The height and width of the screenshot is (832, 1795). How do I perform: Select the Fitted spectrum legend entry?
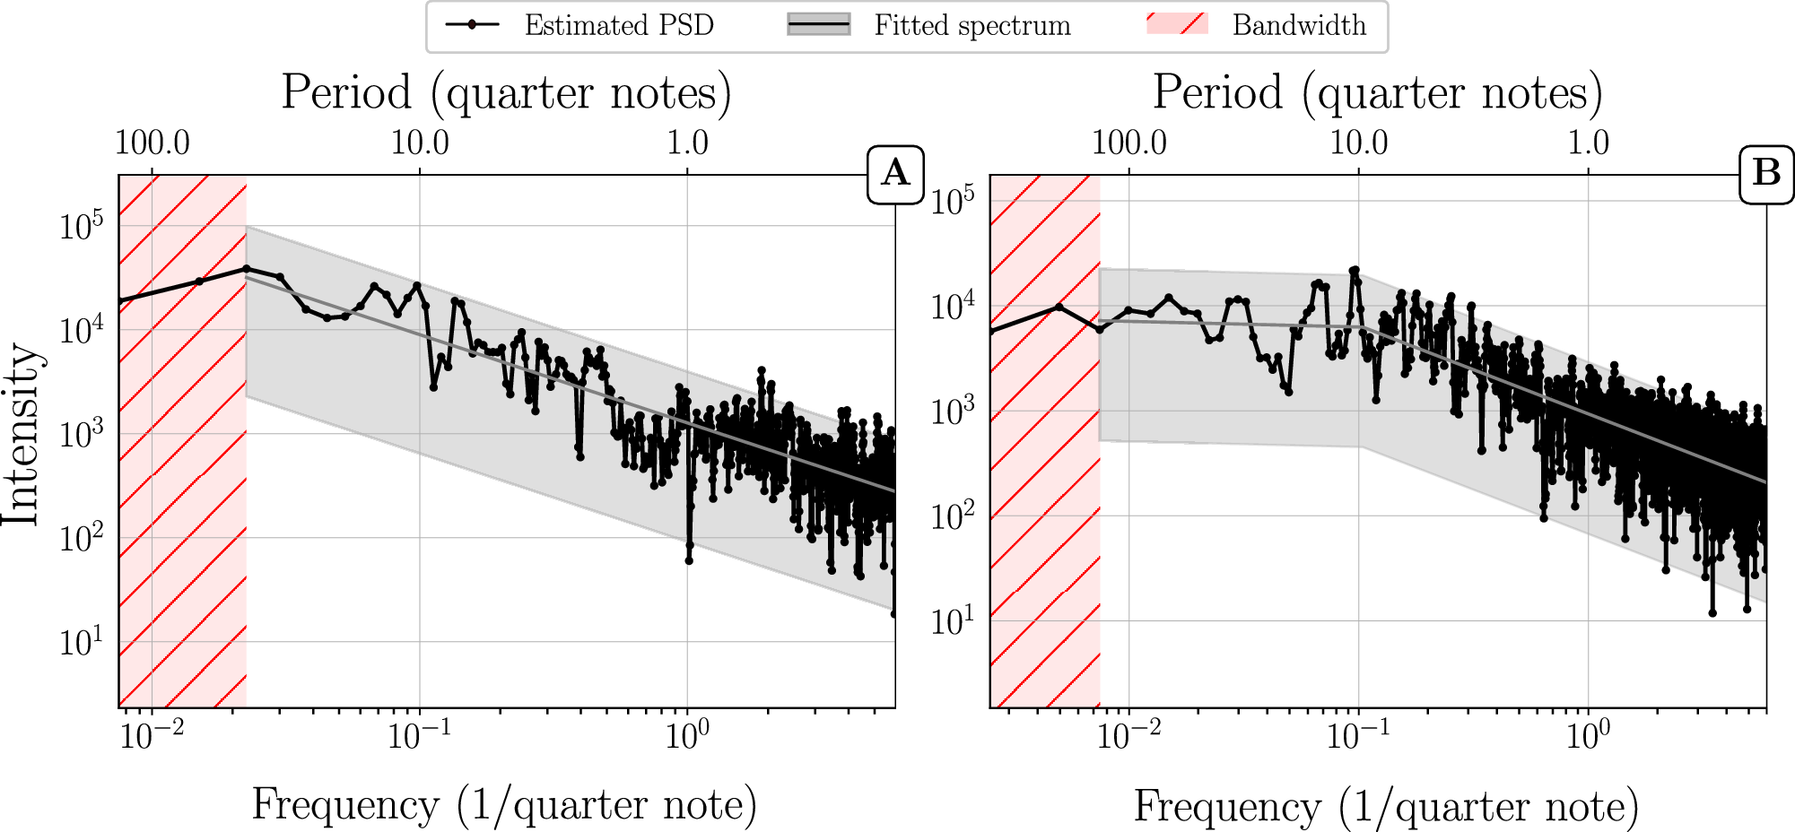point(929,25)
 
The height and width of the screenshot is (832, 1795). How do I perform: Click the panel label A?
point(895,172)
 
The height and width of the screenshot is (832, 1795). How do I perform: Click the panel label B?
point(1766,172)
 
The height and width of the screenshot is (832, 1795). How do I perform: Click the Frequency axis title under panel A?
point(504,804)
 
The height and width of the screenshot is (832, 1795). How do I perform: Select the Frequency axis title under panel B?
point(1385,806)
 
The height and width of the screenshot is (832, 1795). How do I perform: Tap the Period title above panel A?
point(506,93)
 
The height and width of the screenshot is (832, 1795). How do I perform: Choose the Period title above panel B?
point(1377,93)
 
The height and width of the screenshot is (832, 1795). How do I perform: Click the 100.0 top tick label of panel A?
point(152,143)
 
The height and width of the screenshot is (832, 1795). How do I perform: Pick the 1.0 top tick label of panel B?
point(1588,143)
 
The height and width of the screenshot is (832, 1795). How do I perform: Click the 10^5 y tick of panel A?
point(81,225)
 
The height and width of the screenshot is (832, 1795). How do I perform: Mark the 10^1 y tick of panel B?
point(952,620)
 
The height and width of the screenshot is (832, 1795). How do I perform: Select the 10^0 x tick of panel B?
point(1588,735)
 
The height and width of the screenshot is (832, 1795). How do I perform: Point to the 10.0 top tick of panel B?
point(1358,143)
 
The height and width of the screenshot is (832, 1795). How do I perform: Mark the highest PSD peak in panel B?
point(1355,270)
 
